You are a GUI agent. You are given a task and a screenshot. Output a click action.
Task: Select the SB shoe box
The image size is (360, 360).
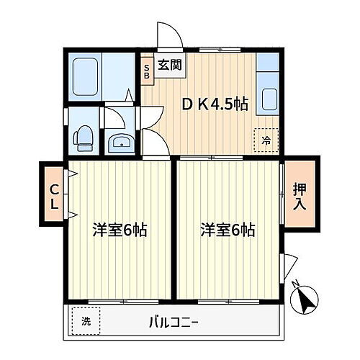[x=148, y=70]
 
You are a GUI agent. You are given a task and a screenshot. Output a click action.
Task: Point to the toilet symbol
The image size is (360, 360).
[x=84, y=136]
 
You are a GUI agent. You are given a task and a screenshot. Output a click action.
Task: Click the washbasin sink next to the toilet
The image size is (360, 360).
[x=118, y=143]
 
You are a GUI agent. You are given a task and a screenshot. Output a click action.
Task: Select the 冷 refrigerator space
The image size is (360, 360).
[x=266, y=140]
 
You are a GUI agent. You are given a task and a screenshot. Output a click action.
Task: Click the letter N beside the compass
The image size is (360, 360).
[x=295, y=284]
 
